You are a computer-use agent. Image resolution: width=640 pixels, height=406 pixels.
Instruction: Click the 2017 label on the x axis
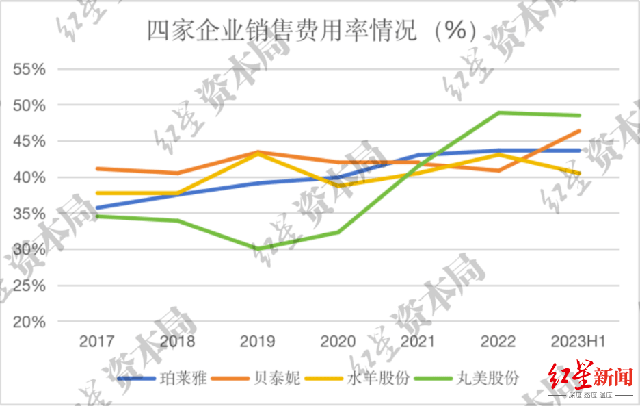pos(96,341)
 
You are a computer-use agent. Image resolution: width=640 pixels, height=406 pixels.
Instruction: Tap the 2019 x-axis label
pos(257,341)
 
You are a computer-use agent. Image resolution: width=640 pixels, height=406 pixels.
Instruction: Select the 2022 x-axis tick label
pos(498,341)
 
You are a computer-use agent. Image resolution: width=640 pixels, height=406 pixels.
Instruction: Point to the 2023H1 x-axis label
pos(578,341)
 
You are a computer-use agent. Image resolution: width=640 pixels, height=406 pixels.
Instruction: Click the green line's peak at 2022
pos(498,112)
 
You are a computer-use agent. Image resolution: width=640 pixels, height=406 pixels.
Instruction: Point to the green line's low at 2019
pos(257,249)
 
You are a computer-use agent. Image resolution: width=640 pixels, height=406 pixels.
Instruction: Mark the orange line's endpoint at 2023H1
pos(579,131)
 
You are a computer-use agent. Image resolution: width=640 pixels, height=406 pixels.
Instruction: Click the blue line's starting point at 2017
pos(96,208)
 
